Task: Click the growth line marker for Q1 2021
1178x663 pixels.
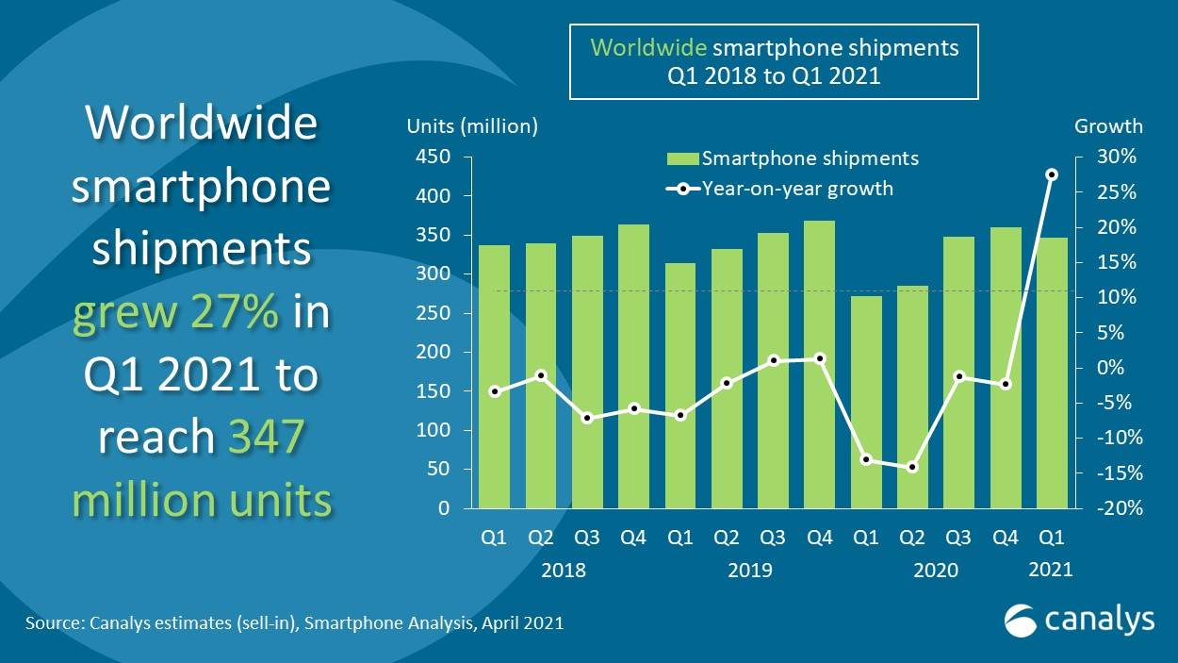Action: pos(1052,174)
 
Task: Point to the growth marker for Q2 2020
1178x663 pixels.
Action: pos(911,467)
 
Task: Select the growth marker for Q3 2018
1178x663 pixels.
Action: pos(586,418)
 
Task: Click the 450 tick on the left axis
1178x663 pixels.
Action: pos(431,157)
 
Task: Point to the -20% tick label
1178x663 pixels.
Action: pos(1116,508)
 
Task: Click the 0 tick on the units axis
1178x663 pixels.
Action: pos(443,508)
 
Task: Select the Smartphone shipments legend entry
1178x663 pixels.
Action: pos(792,158)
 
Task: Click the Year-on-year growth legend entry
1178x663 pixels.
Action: pos(780,189)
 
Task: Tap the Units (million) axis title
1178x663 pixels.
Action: pos(471,126)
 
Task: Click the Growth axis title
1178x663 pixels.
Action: pos(1108,126)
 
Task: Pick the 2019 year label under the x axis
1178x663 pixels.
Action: pos(749,570)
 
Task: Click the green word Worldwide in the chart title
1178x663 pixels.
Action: pos(648,47)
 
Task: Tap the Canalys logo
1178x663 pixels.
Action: pos(1079,620)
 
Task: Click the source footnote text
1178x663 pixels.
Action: pos(294,622)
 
